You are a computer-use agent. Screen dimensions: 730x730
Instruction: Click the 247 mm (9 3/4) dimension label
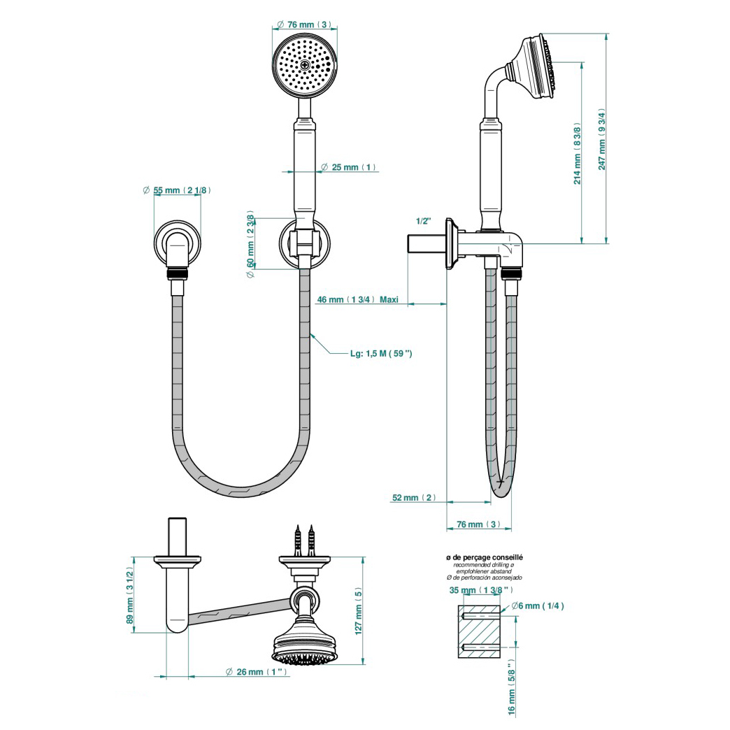[602, 140]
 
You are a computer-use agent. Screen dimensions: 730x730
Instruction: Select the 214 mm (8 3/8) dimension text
[578, 154]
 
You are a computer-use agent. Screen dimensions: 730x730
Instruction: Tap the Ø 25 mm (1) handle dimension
[349, 167]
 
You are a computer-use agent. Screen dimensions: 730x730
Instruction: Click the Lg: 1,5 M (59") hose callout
[381, 353]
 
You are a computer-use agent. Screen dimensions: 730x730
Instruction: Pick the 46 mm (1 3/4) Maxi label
[357, 299]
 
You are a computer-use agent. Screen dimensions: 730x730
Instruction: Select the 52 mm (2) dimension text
[414, 498]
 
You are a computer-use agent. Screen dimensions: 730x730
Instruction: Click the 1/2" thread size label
[424, 221]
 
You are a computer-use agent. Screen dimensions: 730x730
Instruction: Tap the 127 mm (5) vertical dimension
[358, 610]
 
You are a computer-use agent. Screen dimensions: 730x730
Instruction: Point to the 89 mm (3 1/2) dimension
[130, 595]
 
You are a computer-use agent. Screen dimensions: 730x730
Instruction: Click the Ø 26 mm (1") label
[256, 672]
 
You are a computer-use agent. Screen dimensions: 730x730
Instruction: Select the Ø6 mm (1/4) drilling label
[538, 606]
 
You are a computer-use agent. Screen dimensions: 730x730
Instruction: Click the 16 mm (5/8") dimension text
[512, 687]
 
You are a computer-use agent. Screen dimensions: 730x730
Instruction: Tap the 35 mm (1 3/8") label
[481, 590]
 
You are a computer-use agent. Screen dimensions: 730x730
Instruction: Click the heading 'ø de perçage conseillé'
[484, 557]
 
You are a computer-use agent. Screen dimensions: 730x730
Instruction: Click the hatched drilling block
[479, 632]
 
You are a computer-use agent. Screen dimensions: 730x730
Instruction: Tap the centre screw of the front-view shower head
[305, 65]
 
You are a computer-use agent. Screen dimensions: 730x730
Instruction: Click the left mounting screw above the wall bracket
[296, 541]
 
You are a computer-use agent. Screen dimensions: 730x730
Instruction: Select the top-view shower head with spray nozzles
[304, 649]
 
